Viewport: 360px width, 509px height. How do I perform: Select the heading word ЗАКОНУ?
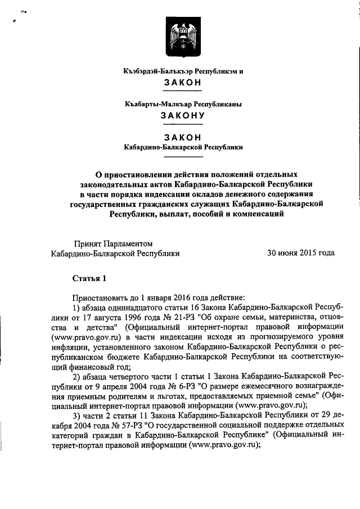[183, 116]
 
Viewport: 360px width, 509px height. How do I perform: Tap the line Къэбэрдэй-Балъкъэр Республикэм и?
[183, 71]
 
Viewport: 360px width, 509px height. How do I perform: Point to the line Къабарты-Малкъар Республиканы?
[183, 104]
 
